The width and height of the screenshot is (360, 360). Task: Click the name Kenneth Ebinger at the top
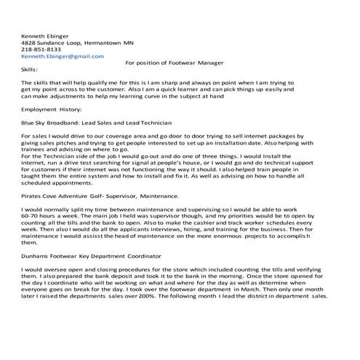(46, 35)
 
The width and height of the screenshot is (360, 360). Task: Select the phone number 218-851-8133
(41, 49)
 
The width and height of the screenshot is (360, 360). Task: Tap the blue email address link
(63, 56)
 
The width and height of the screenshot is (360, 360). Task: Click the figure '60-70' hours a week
(31, 216)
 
